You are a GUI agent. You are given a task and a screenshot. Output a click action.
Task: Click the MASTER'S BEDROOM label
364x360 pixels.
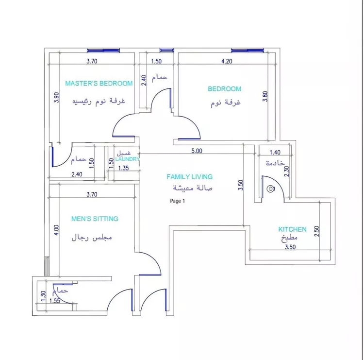99,83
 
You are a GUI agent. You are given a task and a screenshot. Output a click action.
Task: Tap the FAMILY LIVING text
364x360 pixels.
189,177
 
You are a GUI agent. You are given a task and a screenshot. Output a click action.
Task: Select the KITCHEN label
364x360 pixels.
293,229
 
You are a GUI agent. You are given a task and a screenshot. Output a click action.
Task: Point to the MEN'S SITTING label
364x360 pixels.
95,219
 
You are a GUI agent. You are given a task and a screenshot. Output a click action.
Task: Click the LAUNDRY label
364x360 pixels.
128,159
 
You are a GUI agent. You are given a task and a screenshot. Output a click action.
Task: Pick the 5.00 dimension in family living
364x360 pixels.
197,151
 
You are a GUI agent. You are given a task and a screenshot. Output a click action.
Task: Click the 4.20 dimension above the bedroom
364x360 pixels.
227,61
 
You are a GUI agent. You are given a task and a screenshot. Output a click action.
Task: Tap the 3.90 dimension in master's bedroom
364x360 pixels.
56,98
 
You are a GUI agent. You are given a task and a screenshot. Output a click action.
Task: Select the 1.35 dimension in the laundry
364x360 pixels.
123,168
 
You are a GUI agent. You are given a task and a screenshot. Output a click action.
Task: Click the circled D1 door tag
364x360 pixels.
271,189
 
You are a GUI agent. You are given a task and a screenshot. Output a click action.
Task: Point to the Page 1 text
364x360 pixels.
178,201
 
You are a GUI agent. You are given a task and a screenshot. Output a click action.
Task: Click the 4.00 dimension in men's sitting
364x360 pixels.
56,230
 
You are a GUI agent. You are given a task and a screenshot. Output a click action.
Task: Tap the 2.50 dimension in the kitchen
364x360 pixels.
316,231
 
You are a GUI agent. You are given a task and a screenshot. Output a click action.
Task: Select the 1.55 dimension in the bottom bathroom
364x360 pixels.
55,301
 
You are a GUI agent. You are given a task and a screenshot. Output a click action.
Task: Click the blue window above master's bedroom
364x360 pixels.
103,50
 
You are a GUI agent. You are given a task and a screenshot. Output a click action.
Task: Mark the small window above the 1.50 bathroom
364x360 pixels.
166,50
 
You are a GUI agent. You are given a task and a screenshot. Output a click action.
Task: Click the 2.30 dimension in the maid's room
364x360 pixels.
287,171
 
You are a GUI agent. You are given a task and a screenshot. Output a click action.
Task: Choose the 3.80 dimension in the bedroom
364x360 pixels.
265,96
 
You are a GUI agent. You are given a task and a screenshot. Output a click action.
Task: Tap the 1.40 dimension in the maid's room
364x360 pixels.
275,153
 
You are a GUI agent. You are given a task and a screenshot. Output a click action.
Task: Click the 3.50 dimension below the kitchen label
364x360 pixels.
290,247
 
